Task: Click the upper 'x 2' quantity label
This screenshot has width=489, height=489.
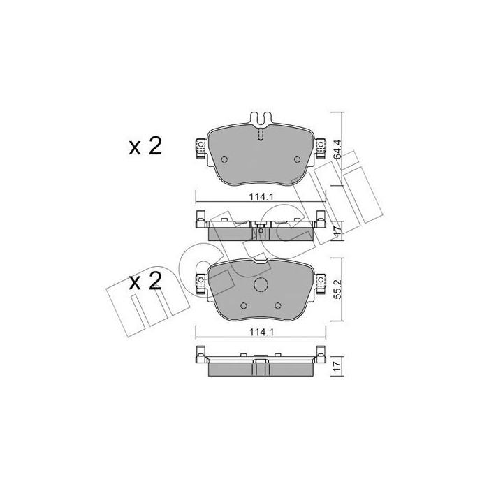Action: (x=145, y=146)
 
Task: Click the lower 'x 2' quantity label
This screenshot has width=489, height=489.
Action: (x=145, y=282)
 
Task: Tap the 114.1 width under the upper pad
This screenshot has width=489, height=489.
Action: (x=259, y=198)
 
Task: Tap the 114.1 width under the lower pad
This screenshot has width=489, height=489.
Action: (x=259, y=333)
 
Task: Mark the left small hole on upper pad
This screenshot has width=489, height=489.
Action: (x=224, y=160)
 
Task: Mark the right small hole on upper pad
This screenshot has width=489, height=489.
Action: (x=293, y=160)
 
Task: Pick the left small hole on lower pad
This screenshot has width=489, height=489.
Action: (x=242, y=306)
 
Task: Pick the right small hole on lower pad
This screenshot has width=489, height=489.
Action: (x=277, y=306)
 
